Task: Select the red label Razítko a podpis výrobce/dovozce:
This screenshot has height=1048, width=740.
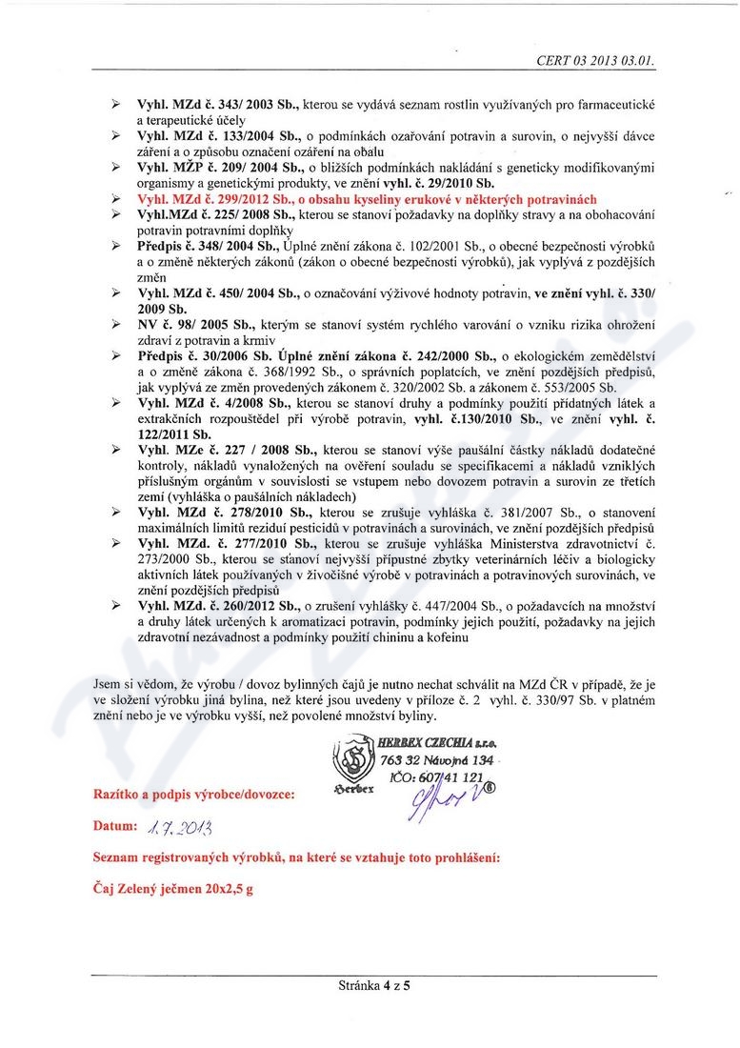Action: (x=193, y=793)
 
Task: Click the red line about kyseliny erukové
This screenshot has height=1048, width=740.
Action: (x=353, y=199)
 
